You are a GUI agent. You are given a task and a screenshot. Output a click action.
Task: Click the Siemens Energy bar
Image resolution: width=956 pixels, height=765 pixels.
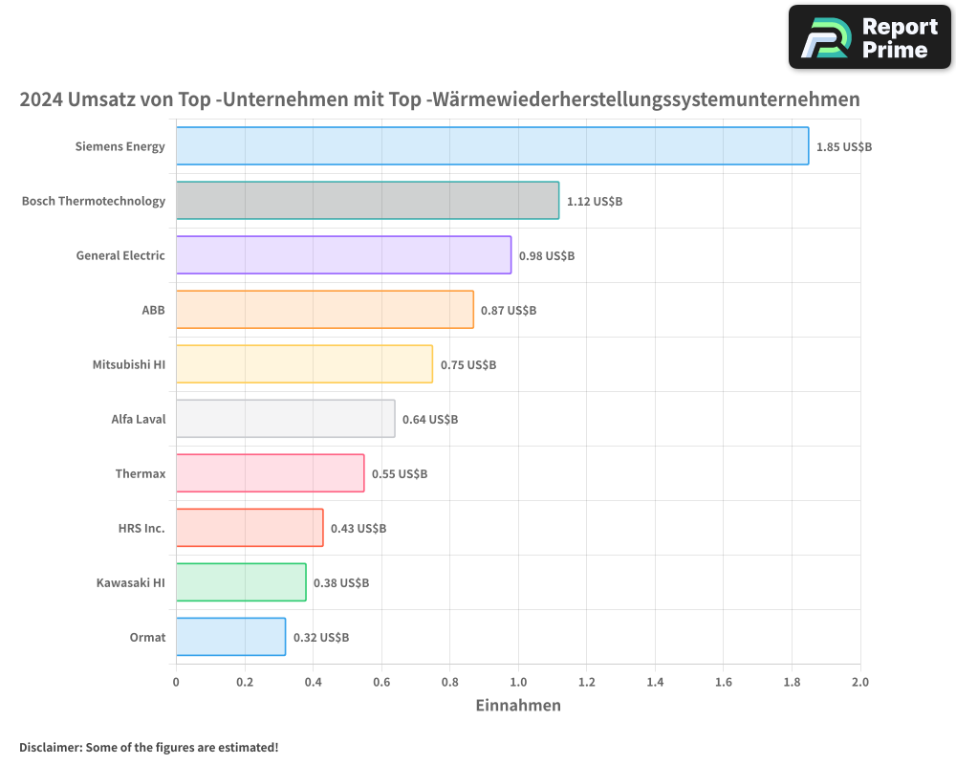492,146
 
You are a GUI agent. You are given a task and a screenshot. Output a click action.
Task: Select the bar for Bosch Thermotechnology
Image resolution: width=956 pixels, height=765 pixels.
367,201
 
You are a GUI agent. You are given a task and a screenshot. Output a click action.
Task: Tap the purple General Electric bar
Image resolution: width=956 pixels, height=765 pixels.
343,255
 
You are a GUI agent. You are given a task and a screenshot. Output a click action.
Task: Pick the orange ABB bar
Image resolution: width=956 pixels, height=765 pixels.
325,310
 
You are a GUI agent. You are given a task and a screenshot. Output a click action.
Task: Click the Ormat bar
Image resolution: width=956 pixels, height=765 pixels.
230,637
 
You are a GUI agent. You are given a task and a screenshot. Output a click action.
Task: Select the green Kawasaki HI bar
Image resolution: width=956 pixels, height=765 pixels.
241,582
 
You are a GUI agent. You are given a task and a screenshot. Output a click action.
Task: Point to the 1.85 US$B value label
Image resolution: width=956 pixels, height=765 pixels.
844,147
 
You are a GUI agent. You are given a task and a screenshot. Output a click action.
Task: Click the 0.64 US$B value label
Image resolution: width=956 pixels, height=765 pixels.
430,420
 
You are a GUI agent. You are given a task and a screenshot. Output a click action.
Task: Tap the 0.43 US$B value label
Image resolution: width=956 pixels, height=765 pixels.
358,529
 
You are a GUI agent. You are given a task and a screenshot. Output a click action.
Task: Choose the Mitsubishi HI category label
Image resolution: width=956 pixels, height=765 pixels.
129,364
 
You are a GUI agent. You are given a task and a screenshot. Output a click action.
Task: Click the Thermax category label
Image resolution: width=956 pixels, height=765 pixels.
141,473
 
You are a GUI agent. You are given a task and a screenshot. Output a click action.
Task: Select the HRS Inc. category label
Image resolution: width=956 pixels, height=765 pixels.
141,528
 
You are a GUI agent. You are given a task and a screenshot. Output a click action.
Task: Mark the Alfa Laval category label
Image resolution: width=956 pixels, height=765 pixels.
139,419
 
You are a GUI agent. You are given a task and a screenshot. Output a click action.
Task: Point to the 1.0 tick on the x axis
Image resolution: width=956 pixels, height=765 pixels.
518,683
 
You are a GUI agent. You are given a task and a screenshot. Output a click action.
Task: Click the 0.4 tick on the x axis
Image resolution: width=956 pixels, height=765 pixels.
313,683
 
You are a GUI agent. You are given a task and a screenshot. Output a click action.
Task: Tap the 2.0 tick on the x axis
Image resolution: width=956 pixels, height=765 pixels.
860,683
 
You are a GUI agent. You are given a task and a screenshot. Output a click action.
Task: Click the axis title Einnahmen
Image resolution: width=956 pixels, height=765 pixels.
518,706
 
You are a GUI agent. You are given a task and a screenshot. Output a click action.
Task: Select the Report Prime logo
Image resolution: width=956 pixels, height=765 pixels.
870,37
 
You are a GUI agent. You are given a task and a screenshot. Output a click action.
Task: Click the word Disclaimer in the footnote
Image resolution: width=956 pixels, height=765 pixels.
50,748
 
